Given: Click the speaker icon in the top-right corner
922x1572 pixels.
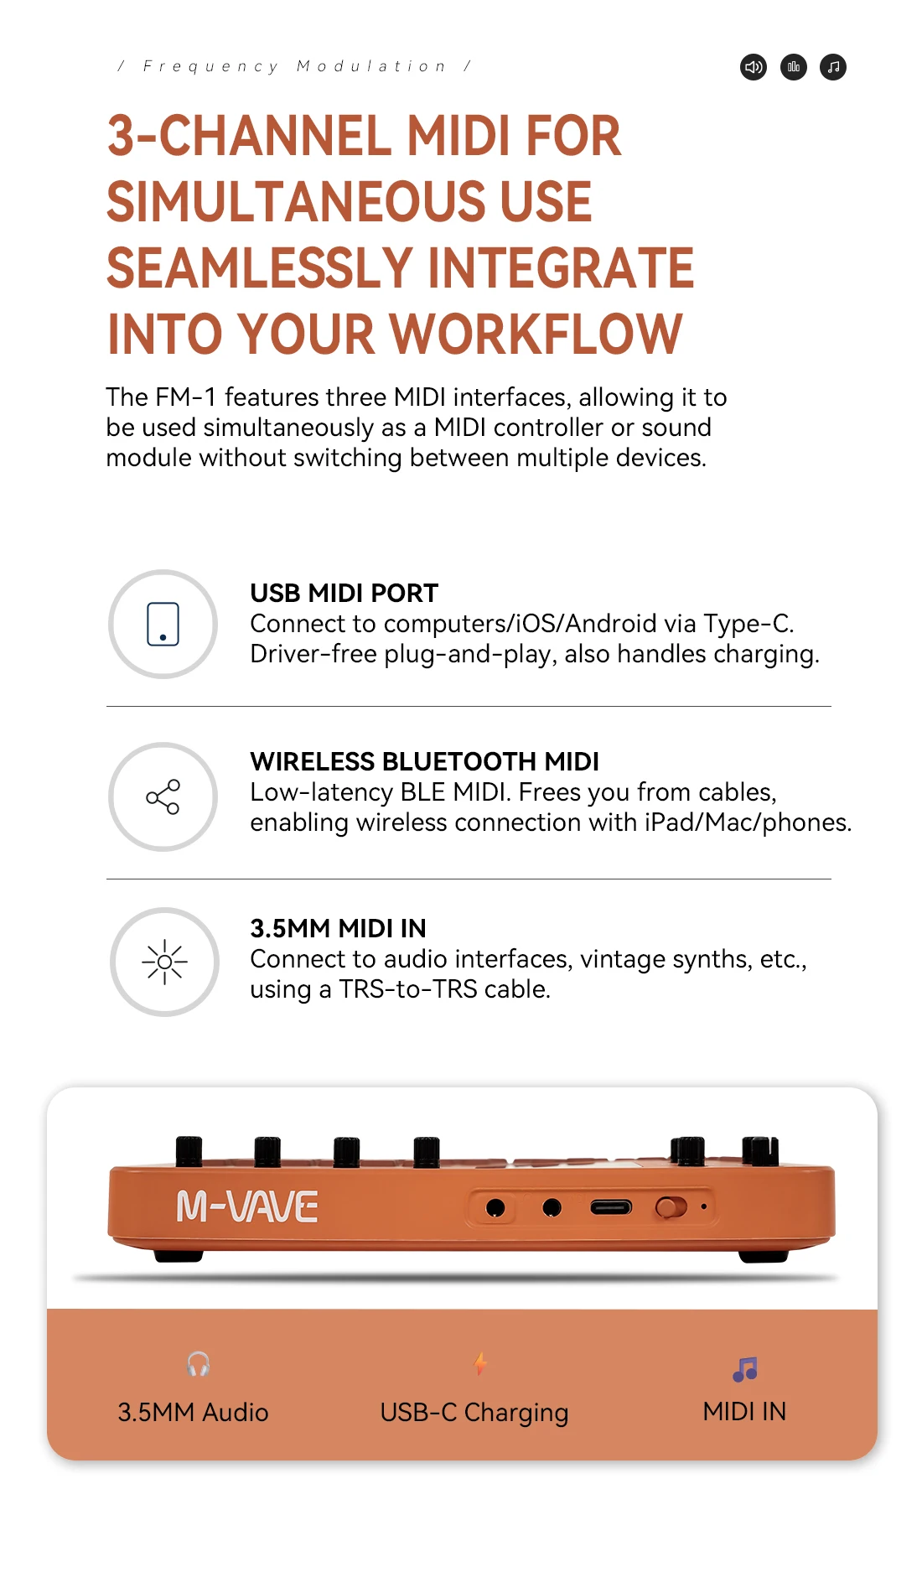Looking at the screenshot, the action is (754, 67).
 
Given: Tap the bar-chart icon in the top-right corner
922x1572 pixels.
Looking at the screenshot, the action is (794, 67).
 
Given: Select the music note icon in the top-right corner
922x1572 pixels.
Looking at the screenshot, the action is (833, 67).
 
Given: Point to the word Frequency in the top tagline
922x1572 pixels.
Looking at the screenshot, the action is (210, 66).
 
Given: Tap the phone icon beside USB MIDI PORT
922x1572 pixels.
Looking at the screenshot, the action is (163, 624).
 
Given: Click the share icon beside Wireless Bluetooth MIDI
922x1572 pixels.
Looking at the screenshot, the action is (163, 796).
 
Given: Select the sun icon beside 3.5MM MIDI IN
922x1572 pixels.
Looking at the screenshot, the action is (164, 962).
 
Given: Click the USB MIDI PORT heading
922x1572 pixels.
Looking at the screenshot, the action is (344, 593).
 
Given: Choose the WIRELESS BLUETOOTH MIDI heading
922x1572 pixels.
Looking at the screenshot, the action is (424, 761).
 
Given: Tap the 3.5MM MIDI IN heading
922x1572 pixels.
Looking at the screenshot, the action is (338, 928).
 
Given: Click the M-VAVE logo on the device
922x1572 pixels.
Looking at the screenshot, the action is (247, 1207).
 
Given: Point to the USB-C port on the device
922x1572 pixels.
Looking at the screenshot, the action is (611, 1207).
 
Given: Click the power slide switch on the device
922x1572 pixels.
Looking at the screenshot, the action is (671, 1207).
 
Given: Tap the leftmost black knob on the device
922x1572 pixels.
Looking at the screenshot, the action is (189, 1151).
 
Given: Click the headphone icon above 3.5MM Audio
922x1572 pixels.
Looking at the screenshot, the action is (198, 1363).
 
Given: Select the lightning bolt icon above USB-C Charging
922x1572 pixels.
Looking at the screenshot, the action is (480, 1363).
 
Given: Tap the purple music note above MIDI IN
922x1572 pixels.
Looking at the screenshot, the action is (744, 1369).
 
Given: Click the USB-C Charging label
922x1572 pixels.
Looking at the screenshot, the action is (474, 1413).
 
